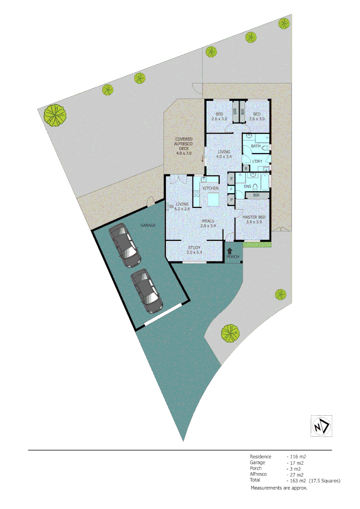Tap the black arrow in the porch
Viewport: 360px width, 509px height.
click(230, 252)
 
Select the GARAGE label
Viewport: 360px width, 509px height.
click(147, 225)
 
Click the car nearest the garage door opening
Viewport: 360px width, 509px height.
click(147, 291)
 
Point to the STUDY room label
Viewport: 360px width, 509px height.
click(195, 247)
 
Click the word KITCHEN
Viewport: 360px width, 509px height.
click(211, 189)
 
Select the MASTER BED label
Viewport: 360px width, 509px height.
click(254, 217)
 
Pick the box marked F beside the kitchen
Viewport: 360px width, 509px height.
click(231, 189)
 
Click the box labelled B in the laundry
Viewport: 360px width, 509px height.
click(245, 168)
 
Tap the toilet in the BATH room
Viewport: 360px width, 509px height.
click(267, 148)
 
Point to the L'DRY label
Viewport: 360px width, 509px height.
click(257, 162)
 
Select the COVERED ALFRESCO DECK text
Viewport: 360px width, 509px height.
click(184, 146)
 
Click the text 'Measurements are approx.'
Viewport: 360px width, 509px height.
click(279, 488)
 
